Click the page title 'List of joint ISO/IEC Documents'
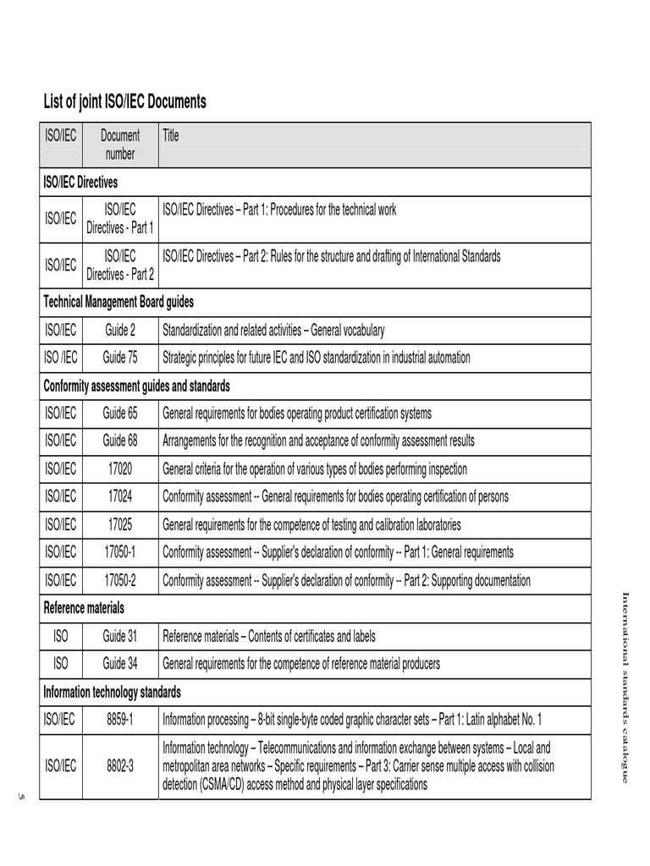(x=124, y=102)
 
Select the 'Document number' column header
(x=120, y=145)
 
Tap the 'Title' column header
(x=171, y=135)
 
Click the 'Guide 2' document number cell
(x=120, y=330)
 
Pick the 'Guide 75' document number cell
(x=120, y=358)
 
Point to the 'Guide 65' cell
(x=120, y=414)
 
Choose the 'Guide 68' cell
(x=120, y=441)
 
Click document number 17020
(x=120, y=469)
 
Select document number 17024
(x=120, y=496)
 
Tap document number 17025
(x=120, y=524)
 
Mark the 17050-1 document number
(x=120, y=552)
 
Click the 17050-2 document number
(x=120, y=580)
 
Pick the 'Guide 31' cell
(x=120, y=636)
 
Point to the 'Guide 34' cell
(x=120, y=663)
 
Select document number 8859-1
(x=120, y=720)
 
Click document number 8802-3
(x=120, y=766)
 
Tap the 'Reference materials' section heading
(x=84, y=608)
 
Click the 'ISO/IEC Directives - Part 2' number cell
(x=120, y=265)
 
